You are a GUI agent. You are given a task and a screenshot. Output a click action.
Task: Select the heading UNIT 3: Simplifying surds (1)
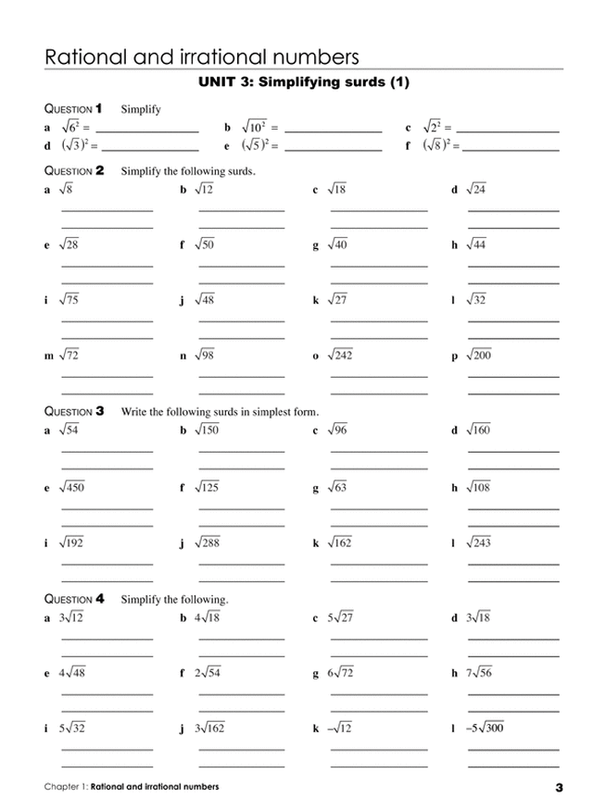pos(304,83)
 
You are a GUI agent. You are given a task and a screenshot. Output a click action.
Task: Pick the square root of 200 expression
pos(478,355)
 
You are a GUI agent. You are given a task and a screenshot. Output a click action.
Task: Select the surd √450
pos(71,487)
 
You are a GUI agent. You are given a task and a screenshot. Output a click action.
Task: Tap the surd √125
pos(207,487)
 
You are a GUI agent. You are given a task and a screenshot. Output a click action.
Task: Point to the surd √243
pos(478,542)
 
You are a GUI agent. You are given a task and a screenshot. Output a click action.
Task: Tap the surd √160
pos(478,430)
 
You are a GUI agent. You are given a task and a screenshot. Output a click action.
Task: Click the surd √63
pos(337,487)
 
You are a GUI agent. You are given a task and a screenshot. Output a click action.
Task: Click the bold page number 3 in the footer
pos(559,788)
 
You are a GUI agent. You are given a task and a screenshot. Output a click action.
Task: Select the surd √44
pos(475,244)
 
